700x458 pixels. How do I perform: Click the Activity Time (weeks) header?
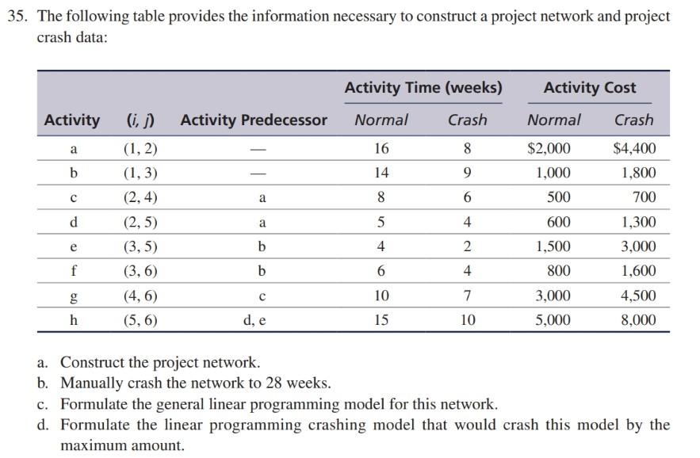pos(423,87)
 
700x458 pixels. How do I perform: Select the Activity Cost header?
pos(589,87)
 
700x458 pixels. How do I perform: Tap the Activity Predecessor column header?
pos(254,120)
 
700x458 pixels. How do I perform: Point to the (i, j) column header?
pos(140,120)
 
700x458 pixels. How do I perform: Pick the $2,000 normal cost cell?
pos(549,148)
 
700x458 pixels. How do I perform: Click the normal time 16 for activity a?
pos(381,148)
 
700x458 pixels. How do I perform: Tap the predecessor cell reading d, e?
pos(261,320)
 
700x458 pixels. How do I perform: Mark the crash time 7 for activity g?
pos(468,296)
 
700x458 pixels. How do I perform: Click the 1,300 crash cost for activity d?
pos(638,222)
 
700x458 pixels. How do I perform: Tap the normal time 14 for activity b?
pos(381,173)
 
